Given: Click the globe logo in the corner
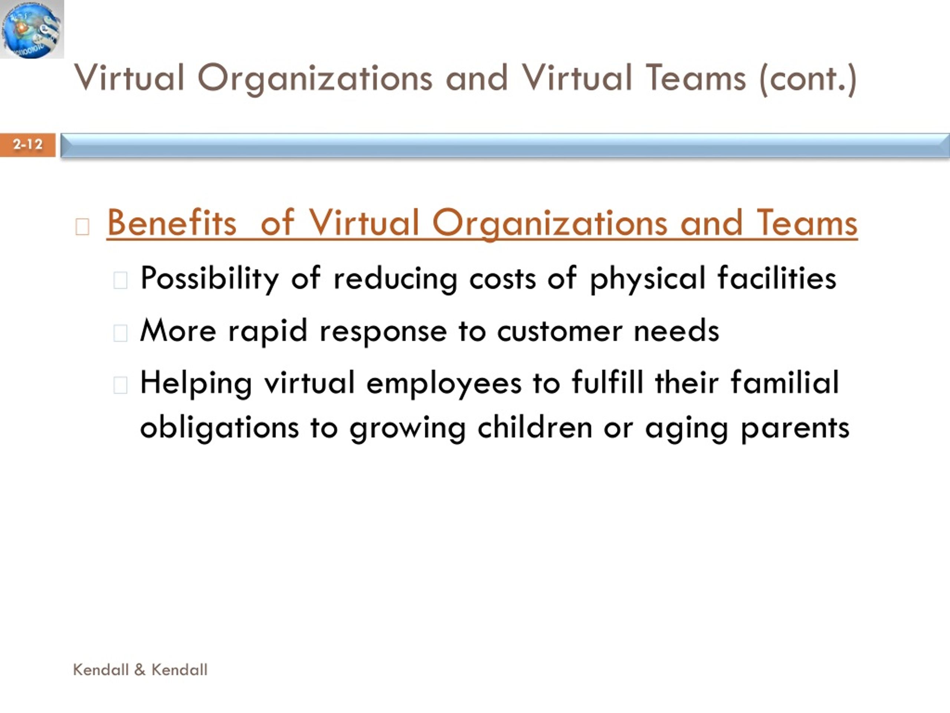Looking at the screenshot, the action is pos(32,29).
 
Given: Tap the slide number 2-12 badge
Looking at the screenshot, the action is pos(28,145).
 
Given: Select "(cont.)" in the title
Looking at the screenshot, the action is pos(808,79).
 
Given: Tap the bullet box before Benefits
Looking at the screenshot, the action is pos(82,227).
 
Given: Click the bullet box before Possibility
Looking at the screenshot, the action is pos(120,280).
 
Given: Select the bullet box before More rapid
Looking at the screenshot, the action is pos(120,333).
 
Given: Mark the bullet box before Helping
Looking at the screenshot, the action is pos(120,385).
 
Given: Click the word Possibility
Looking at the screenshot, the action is pos(210,279).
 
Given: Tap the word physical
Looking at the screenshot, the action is pos(648,279).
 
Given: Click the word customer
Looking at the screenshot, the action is pos(560,331).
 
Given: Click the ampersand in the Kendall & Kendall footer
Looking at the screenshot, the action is pos(140,670).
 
